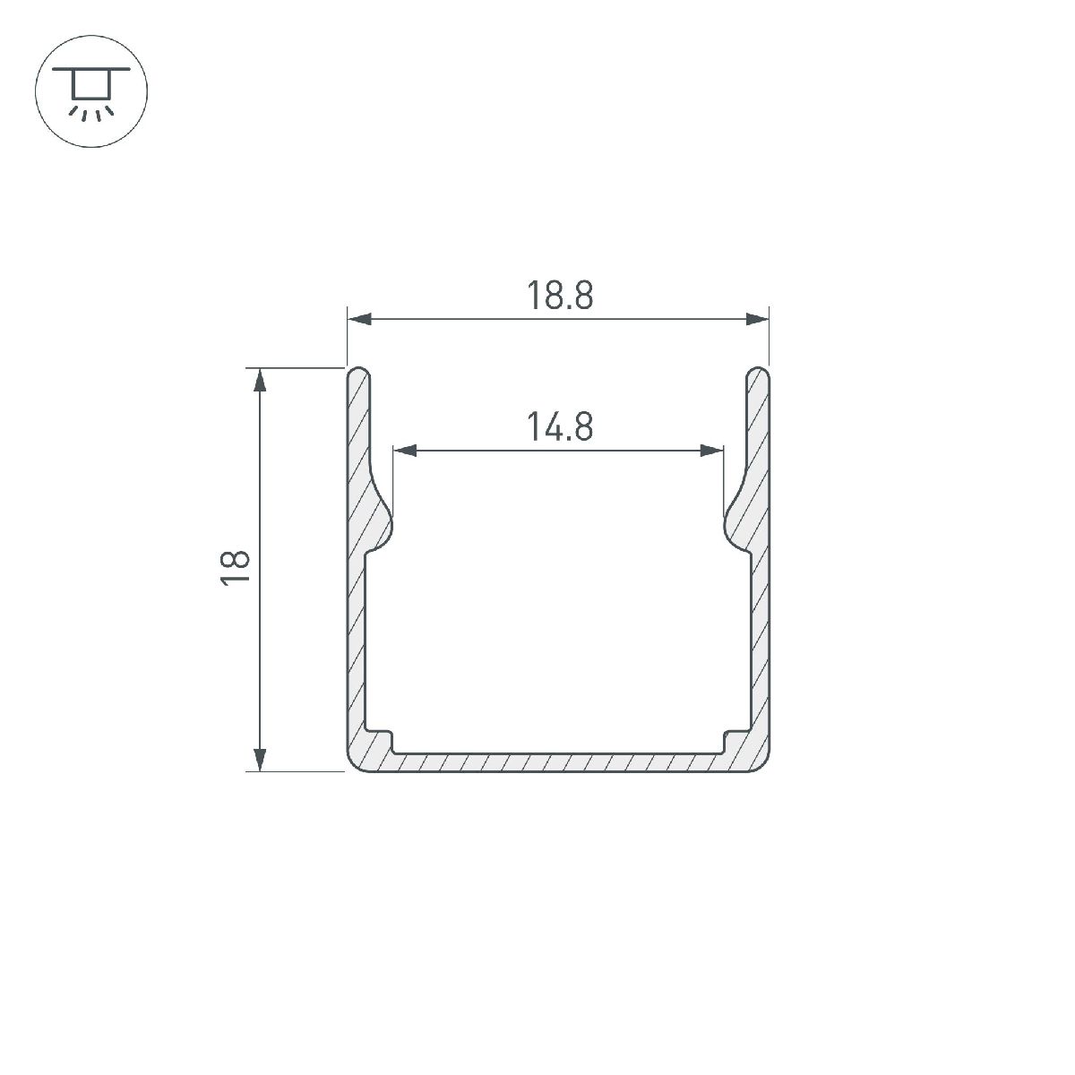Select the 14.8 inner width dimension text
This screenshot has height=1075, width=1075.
click(x=560, y=426)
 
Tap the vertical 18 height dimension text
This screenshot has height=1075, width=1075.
click(x=235, y=568)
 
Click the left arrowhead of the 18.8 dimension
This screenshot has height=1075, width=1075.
click(x=359, y=319)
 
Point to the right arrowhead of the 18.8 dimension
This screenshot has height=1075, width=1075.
click(x=757, y=319)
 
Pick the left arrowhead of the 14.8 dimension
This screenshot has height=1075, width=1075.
click(x=404, y=451)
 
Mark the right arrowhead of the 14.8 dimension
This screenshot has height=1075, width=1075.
click(x=712, y=451)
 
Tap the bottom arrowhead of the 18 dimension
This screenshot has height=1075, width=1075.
click(x=260, y=760)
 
